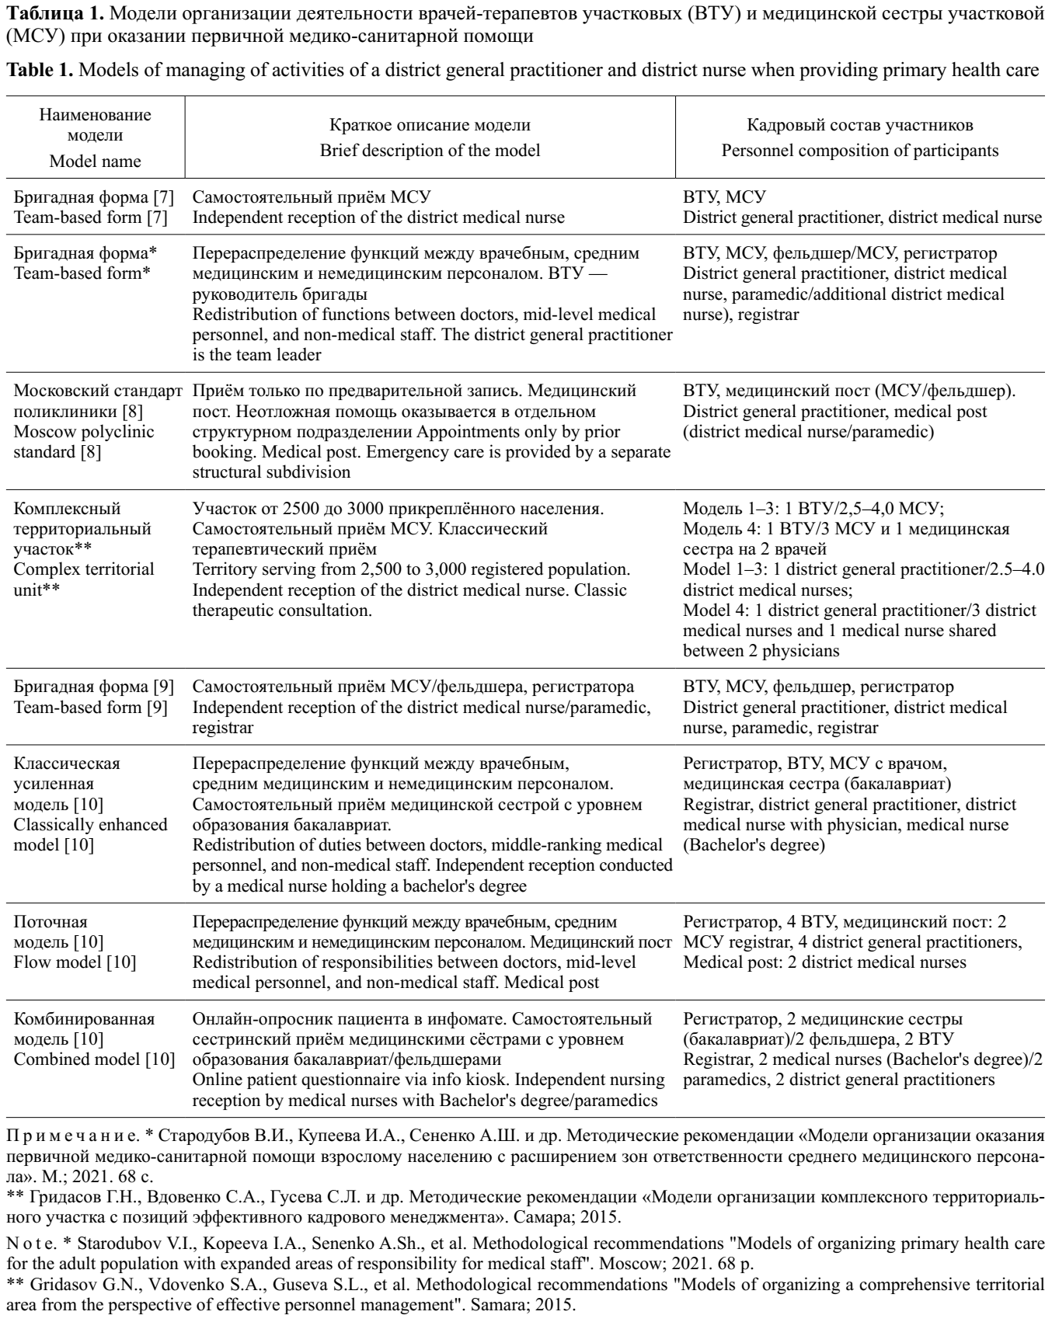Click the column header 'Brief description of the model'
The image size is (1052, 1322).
click(x=430, y=151)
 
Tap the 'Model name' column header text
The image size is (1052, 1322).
click(x=95, y=162)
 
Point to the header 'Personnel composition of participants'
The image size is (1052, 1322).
click(x=860, y=151)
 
